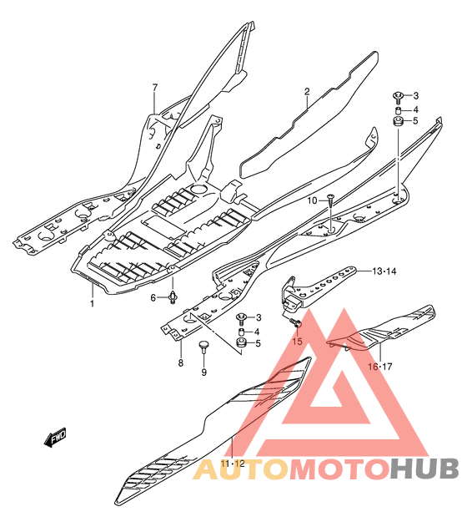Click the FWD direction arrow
(x=56, y=437)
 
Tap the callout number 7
(x=155, y=88)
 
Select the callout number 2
(x=307, y=92)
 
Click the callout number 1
(x=92, y=303)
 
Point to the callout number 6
(x=153, y=297)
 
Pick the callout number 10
(x=312, y=200)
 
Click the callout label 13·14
(x=384, y=271)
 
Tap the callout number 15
(x=298, y=342)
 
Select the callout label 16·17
(x=380, y=367)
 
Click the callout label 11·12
(x=233, y=464)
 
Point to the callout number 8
(x=181, y=362)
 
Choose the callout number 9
(x=204, y=372)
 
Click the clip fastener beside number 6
(x=173, y=296)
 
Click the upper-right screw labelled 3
(x=398, y=96)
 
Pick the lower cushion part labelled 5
(x=241, y=342)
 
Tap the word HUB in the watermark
(x=424, y=469)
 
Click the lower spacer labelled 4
(x=241, y=332)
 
